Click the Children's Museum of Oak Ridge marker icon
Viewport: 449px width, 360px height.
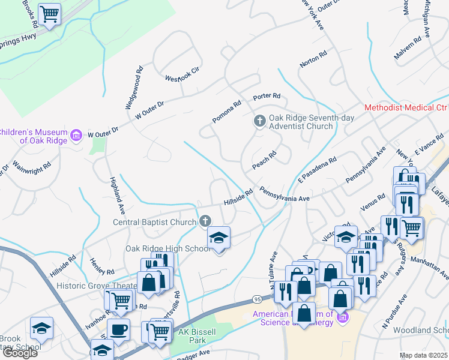(76, 135)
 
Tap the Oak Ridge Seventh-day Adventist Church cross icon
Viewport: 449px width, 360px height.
(260, 121)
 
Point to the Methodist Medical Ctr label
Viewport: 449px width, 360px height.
(406, 108)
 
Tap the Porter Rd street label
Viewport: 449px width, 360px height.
(267, 96)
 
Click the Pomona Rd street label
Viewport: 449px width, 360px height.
(226, 112)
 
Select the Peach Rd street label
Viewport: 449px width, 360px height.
(264, 159)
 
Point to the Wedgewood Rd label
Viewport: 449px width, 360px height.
(133, 88)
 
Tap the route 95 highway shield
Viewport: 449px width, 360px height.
(258, 299)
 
